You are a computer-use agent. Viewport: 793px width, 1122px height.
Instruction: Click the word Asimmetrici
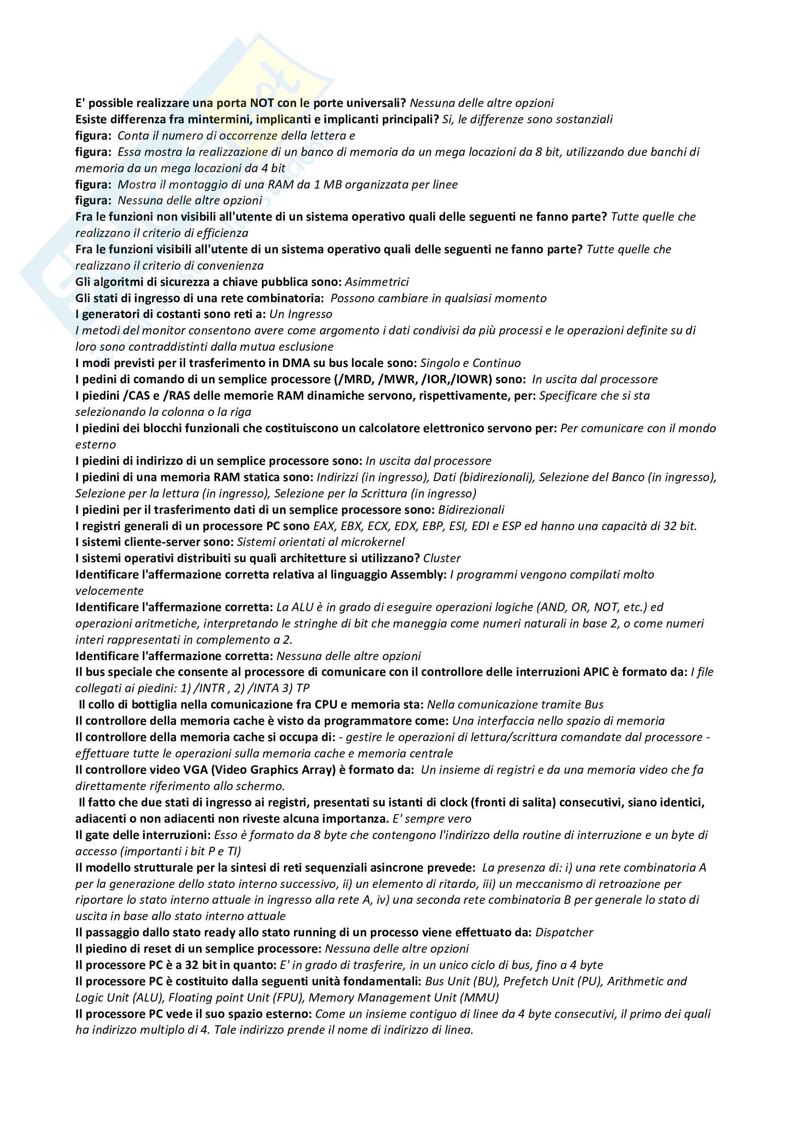377,282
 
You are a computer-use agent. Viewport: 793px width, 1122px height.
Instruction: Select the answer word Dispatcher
564,933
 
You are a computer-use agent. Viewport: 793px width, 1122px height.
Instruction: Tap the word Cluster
442,558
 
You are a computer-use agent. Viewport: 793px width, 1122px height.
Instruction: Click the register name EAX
324,526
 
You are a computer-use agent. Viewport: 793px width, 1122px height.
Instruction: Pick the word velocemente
109,591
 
